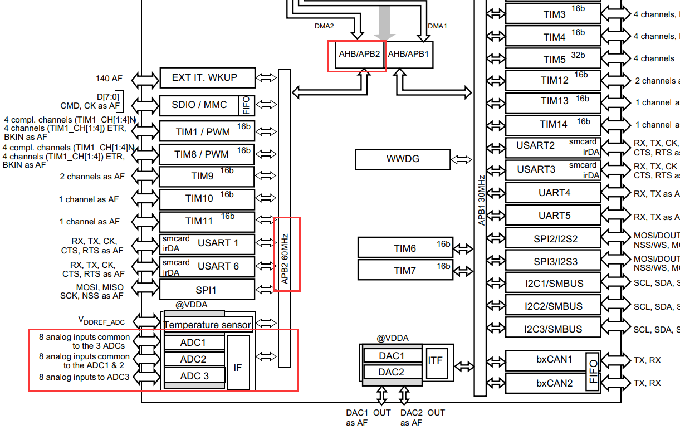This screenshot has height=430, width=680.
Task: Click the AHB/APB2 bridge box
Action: point(359,55)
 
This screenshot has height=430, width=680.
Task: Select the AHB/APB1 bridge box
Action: point(409,55)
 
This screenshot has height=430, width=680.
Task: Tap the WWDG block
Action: point(403,159)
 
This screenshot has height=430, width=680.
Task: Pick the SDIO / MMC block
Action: point(199,105)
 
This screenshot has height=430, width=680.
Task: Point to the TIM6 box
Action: point(405,248)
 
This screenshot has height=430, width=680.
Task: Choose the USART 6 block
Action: point(207,267)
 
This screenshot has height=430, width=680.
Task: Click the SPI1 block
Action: point(207,290)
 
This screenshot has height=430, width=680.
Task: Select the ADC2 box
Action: point(193,359)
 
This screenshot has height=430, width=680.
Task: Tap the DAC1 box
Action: point(392,356)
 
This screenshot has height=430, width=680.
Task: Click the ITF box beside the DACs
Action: point(436,360)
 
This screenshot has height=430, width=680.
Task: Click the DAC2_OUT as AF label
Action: point(422,417)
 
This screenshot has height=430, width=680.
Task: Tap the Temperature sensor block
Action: point(207,324)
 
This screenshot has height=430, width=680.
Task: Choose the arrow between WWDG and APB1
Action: point(461,159)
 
